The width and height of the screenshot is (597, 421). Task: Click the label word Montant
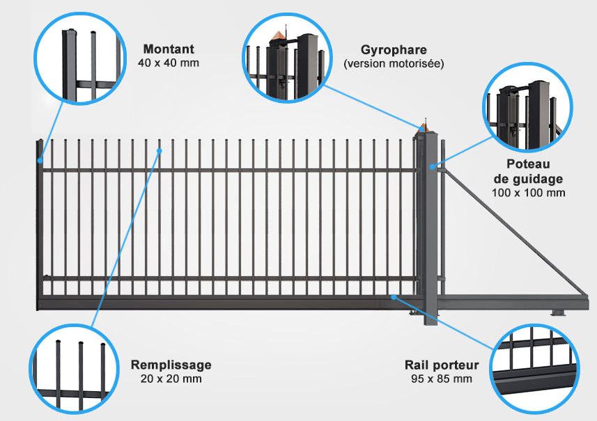168,49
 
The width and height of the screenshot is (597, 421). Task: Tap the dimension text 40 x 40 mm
168,63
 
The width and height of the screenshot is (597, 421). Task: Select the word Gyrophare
394,50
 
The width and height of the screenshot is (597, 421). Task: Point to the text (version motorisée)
394,63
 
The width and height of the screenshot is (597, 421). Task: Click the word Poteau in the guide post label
529,164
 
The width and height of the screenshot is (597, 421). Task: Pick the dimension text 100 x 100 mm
529,193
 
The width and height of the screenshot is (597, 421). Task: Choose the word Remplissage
171,365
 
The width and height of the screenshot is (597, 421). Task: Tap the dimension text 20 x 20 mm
171,379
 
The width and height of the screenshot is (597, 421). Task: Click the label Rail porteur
442,365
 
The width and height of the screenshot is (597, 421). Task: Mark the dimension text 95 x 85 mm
442,379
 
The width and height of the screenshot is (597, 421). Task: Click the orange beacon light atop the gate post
421,127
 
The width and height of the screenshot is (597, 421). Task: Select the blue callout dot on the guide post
433,167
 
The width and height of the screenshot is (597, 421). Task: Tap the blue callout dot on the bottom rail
394,297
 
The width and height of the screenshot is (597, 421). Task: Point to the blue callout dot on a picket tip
160,149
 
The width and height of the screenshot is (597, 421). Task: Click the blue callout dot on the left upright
40,161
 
